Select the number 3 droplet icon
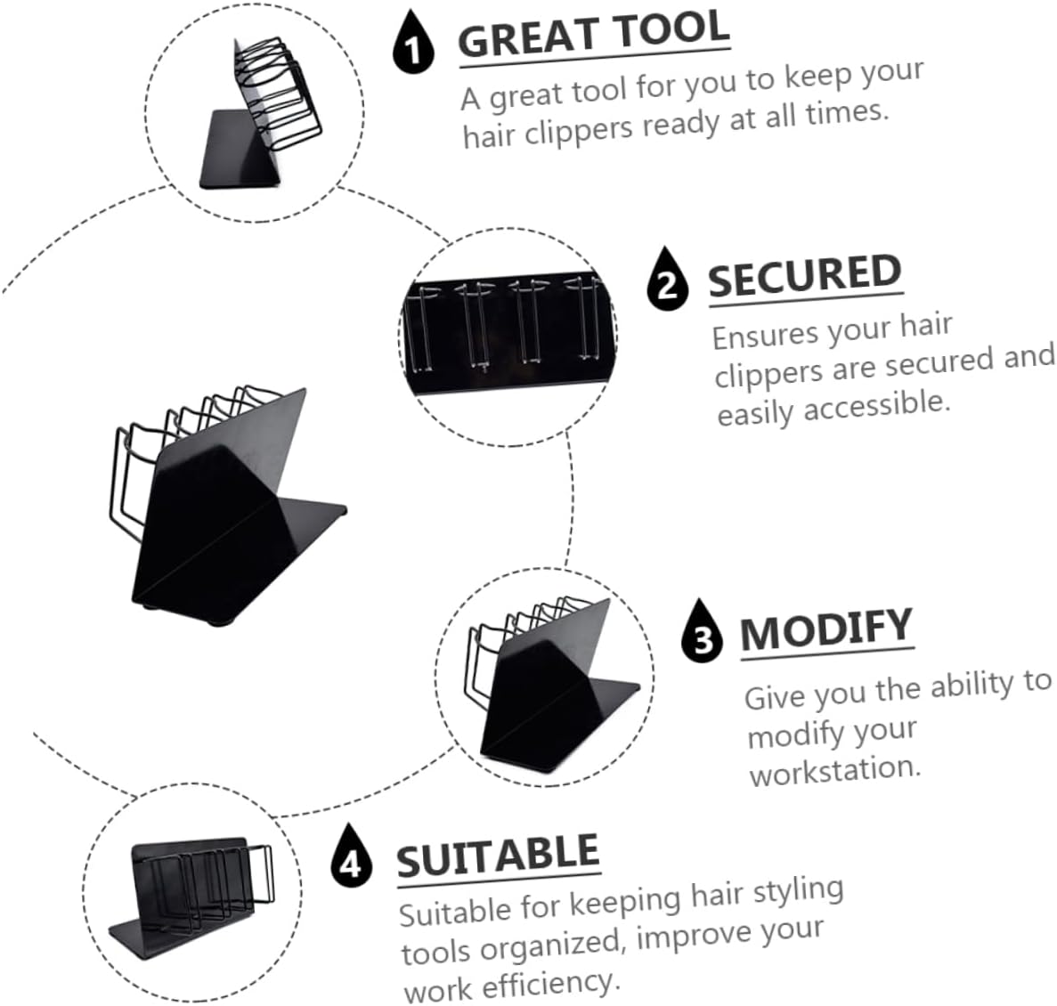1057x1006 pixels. pyautogui.click(x=703, y=633)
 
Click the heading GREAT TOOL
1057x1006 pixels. pyautogui.click(x=594, y=37)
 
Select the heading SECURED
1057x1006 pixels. pyautogui.click(x=804, y=277)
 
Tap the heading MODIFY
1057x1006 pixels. pyautogui.click(x=826, y=629)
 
